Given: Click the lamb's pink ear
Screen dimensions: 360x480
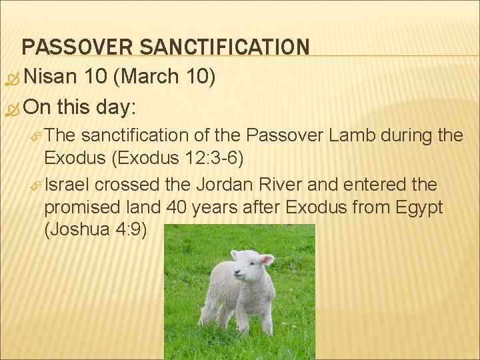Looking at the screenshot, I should [266, 259].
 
